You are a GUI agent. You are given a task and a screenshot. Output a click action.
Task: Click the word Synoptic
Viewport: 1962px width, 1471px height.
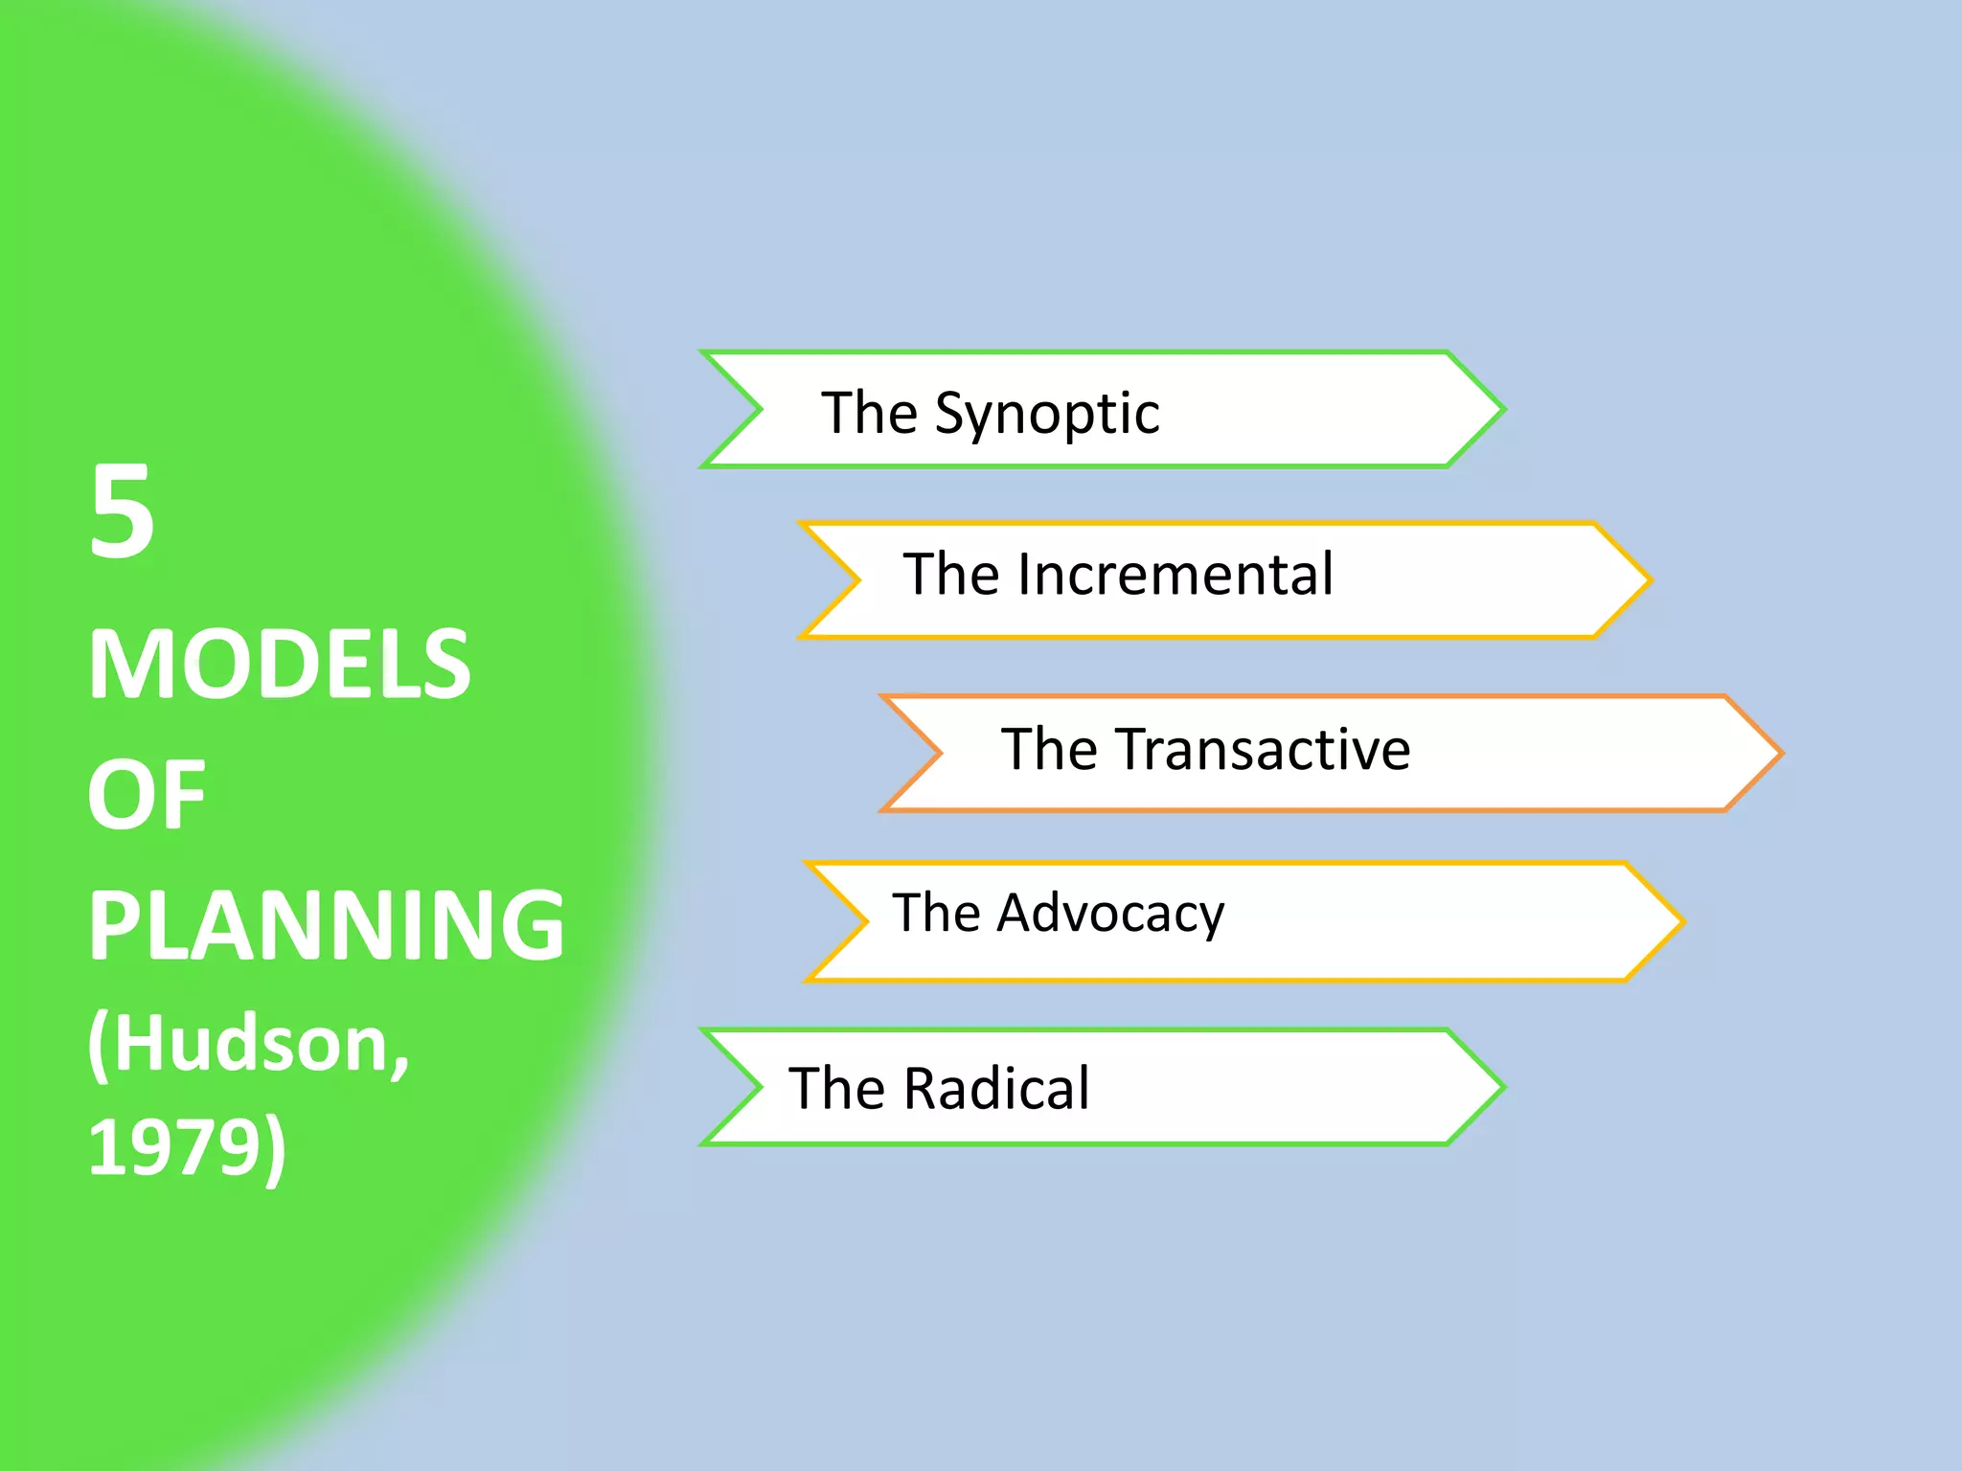[x=1047, y=415]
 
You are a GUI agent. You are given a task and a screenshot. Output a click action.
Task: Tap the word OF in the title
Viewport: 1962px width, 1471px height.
[x=146, y=794]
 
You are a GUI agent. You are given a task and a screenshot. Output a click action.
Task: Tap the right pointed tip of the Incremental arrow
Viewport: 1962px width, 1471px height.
[x=1648, y=580]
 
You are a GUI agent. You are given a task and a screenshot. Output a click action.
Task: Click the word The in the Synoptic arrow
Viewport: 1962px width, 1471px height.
[x=870, y=414]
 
